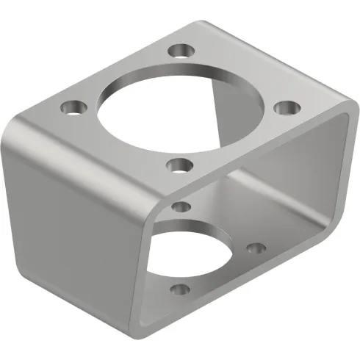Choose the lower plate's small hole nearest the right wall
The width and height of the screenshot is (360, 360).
coord(254,249)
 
